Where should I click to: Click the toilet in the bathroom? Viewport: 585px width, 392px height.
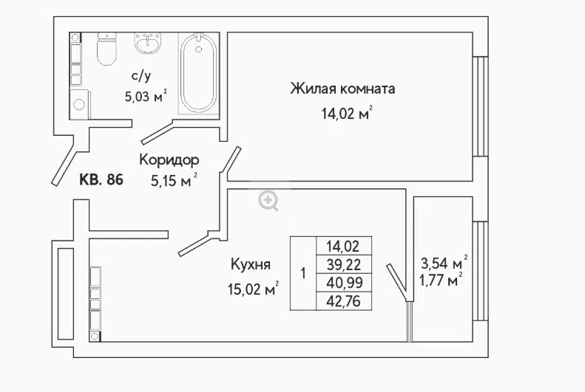pos(106,49)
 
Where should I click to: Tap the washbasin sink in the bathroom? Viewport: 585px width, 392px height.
pos(148,43)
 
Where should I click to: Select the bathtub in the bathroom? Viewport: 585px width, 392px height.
pos(198,72)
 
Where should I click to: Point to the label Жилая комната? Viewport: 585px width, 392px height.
pos(342,89)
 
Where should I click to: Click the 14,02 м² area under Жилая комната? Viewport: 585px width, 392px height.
pos(347,112)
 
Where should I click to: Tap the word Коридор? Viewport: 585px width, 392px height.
pos(169,160)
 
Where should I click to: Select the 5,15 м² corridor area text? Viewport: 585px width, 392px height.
pos(174,181)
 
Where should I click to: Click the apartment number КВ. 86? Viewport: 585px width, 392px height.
pos(101,179)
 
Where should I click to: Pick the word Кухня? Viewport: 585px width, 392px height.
pos(251,265)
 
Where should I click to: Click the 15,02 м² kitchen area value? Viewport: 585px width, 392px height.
pos(254,289)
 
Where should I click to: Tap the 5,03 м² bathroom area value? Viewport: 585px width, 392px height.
pos(146,97)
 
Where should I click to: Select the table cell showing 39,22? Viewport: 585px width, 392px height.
pos(344,265)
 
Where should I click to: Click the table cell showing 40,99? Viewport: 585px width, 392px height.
pos(344,283)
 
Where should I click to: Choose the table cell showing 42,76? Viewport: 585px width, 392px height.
pos(344,301)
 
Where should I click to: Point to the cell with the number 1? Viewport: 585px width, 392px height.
pos(303,273)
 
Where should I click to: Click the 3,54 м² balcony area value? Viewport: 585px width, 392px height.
pos(444,263)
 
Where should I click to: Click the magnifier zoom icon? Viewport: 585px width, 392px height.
pos(268,201)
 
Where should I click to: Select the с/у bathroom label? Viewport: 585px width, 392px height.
pos(141,76)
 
